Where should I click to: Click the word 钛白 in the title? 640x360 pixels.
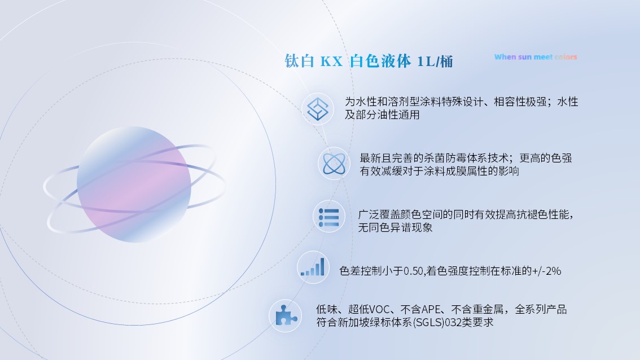click(x=299, y=62)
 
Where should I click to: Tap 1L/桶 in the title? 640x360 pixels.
click(x=435, y=62)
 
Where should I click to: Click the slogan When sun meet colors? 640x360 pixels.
click(x=536, y=57)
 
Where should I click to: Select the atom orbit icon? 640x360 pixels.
click(x=334, y=164)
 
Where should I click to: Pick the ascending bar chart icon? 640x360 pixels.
click(x=313, y=267)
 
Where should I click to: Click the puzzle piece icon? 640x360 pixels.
click(x=285, y=315)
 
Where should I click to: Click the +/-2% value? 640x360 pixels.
click(x=546, y=271)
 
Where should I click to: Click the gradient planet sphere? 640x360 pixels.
click(x=134, y=184)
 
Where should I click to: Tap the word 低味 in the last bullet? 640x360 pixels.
click(x=326, y=310)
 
